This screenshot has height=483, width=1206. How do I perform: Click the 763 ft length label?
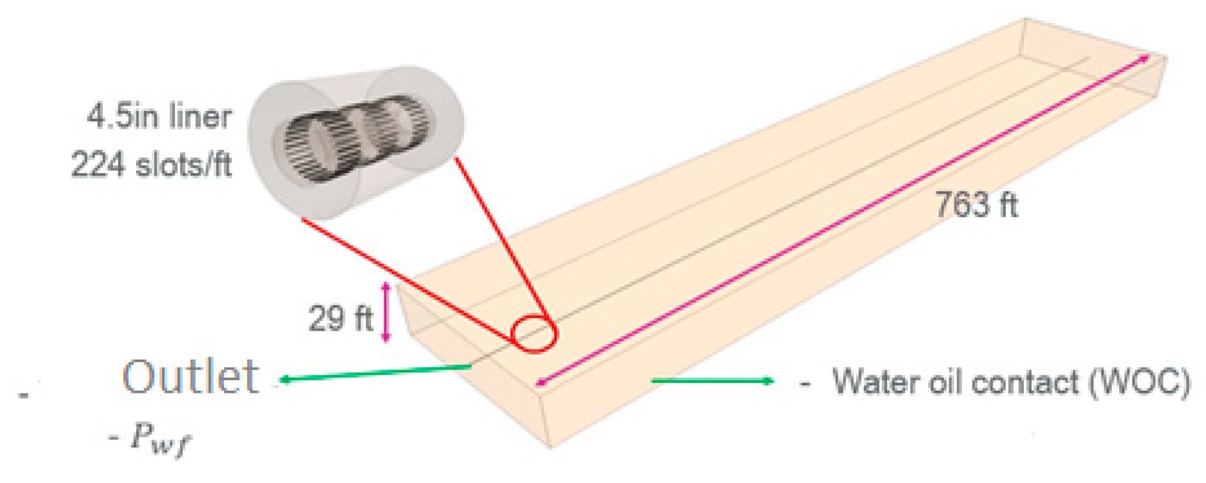976,205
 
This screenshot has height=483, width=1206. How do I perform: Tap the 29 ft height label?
340,318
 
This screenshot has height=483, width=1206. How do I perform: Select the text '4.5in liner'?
159,117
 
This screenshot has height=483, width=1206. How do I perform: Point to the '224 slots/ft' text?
152,164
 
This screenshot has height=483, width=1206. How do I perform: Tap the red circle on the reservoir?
534,334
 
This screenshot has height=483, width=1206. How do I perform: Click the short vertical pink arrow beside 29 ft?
386,312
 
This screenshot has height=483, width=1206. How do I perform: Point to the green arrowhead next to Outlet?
284,379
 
